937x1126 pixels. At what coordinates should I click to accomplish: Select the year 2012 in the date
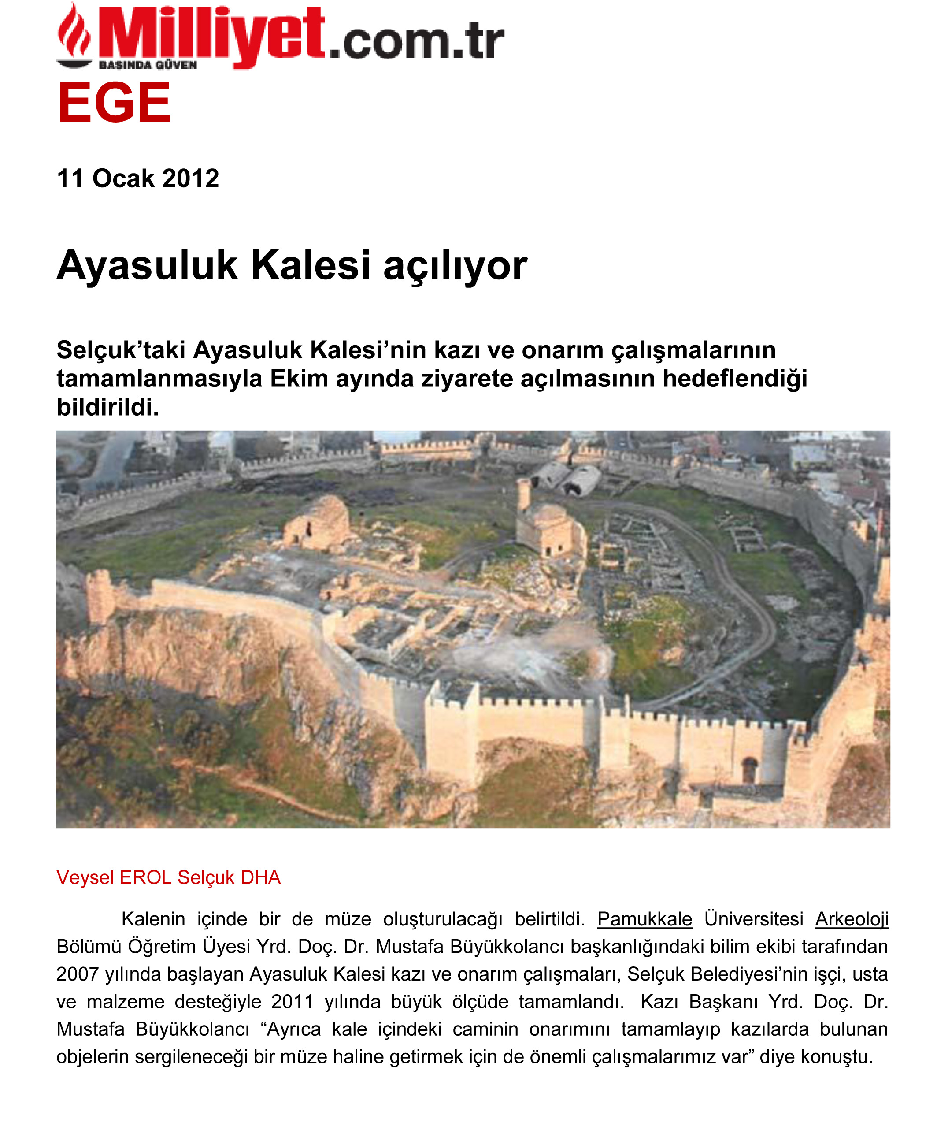point(190,178)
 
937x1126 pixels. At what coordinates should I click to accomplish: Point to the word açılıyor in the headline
point(455,266)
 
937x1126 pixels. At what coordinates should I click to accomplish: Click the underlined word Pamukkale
point(644,919)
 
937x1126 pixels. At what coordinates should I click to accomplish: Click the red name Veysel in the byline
point(85,878)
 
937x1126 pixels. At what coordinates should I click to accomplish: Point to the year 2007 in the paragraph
point(77,974)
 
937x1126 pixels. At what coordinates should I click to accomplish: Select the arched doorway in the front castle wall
point(749,770)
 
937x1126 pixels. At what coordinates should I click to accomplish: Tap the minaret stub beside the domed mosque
point(524,494)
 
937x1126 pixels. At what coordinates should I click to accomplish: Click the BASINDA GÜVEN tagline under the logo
point(148,65)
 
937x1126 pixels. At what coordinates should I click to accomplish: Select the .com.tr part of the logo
point(416,42)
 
